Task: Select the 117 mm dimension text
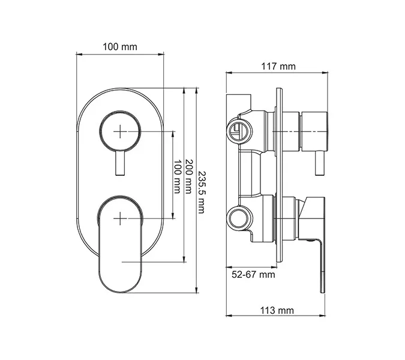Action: pyautogui.click(x=278, y=66)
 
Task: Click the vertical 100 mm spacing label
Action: pyautogui.click(x=176, y=177)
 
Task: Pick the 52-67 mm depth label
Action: pyautogui.click(x=253, y=274)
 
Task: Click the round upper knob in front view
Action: pyautogui.click(x=121, y=130)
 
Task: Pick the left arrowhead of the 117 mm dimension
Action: pyautogui.click(x=228, y=73)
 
